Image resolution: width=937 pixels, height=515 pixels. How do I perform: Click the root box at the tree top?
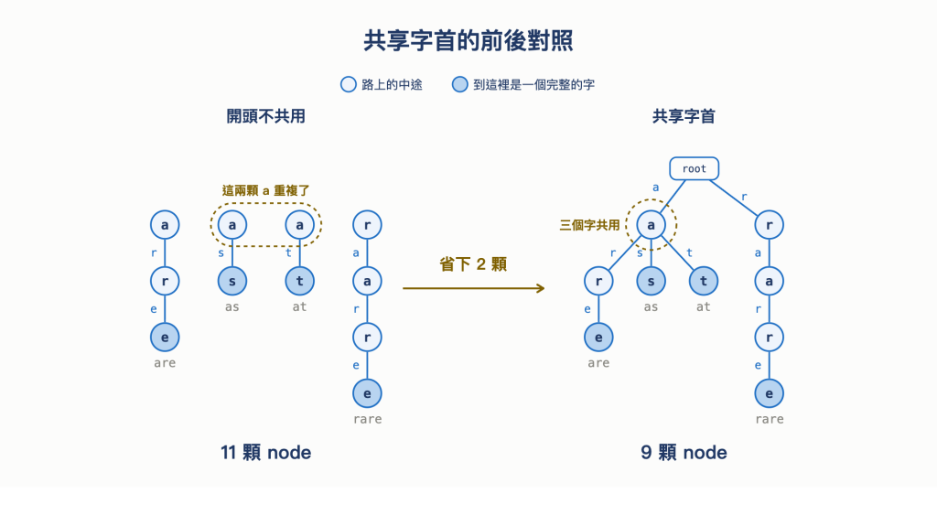click(694, 168)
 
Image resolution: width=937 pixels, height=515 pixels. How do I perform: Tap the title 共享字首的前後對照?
click(468, 40)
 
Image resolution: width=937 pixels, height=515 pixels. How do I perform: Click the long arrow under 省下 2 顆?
click(473, 288)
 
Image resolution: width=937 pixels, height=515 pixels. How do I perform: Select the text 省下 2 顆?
click(473, 264)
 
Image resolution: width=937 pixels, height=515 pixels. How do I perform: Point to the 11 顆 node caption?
click(266, 452)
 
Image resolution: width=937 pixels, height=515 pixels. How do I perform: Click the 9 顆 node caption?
click(684, 452)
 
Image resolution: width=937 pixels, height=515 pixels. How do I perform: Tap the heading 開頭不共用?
click(266, 116)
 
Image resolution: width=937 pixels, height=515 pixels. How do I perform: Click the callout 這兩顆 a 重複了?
click(266, 190)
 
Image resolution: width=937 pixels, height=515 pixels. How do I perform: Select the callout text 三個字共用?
click(589, 225)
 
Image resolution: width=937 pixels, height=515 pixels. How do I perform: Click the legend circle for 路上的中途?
click(349, 84)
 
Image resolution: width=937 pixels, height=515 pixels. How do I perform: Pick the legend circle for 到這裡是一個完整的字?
click(459, 84)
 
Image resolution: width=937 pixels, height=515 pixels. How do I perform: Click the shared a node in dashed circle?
click(651, 225)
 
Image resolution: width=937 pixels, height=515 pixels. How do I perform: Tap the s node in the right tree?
click(651, 281)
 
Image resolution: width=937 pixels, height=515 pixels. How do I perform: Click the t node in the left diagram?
click(299, 281)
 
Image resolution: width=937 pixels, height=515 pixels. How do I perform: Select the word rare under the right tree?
click(769, 419)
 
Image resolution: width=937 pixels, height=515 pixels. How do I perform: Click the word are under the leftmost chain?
click(165, 363)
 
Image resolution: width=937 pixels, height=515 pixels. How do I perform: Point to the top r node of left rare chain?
click(367, 225)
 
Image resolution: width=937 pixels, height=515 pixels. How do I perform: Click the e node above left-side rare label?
click(367, 393)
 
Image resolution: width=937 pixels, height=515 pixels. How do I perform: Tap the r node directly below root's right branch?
click(769, 225)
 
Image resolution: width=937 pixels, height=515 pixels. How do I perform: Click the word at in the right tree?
click(704, 307)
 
